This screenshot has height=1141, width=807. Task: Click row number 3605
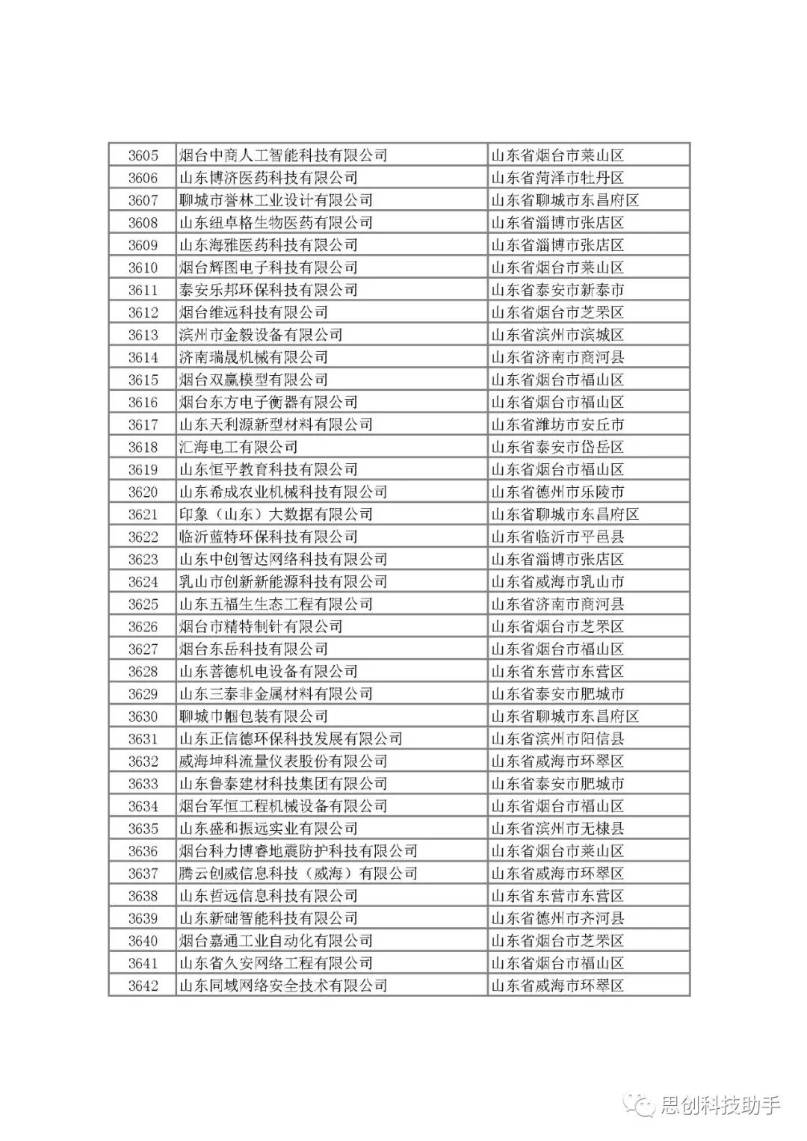point(143,155)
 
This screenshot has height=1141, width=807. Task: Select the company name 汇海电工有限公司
point(238,447)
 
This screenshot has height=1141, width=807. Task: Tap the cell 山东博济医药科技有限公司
point(268,178)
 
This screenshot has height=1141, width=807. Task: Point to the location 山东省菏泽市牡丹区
point(557,178)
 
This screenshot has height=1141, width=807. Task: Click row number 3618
point(143,447)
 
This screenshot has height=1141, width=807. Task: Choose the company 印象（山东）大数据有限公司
point(276,514)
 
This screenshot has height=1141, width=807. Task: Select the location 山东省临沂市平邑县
point(557,537)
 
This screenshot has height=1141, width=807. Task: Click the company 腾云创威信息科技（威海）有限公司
point(298,873)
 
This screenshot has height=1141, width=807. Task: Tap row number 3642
point(143,986)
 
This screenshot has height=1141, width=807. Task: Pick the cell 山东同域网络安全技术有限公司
point(283,986)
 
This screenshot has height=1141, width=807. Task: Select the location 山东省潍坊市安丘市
point(557,424)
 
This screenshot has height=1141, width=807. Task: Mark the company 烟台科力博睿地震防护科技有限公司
point(298,851)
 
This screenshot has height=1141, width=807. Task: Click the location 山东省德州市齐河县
point(557,918)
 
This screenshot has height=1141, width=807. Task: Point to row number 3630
point(143,716)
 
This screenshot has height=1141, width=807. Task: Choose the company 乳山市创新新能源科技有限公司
point(283,581)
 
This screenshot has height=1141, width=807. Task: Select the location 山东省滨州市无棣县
point(557,829)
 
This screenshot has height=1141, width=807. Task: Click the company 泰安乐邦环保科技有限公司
point(268,290)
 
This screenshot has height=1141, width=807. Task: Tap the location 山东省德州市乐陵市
point(557,492)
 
